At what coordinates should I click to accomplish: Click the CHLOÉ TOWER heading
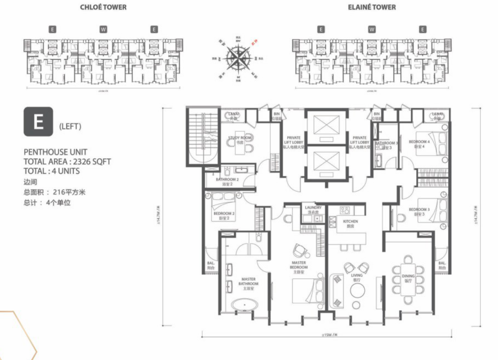point(103,7)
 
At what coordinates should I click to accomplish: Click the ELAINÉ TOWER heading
point(372,7)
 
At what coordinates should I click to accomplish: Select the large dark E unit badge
point(38,122)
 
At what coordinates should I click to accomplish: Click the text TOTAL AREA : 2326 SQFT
point(67,161)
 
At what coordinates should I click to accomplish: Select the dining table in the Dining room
point(408,279)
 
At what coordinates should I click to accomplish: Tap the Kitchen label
point(350,223)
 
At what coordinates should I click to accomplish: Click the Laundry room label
point(313,210)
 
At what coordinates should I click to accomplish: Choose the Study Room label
point(240,140)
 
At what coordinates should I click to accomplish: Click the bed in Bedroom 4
point(438,144)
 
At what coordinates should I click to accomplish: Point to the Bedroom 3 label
point(419,212)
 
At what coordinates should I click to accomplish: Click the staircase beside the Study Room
point(203,136)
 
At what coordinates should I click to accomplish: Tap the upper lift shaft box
point(325,126)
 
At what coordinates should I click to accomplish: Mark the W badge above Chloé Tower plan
point(103,29)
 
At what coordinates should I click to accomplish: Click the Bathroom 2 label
point(227,182)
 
